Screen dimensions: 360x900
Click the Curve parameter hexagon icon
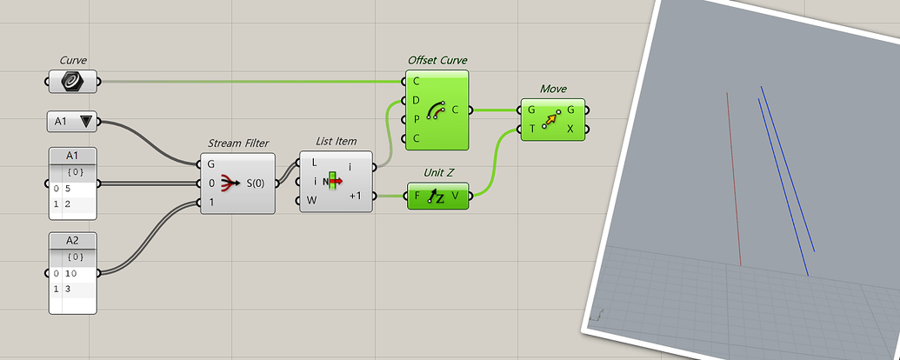coord(73,82)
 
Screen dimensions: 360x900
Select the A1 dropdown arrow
coord(85,122)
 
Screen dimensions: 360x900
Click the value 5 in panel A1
coord(67,188)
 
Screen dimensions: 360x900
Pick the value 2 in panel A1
coord(67,203)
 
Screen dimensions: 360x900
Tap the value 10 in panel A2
coord(70,273)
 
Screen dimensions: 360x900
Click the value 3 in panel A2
coord(67,288)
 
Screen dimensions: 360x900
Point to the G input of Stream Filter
coord(211,163)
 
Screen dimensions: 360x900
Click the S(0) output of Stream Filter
coord(258,183)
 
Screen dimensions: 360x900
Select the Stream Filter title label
coord(238,143)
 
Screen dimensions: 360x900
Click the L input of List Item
coord(314,162)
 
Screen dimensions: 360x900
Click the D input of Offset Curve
coord(417,100)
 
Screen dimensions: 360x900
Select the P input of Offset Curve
coord(417,119)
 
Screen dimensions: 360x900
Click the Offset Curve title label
coord(437,61)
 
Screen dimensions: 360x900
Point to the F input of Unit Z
coord(417,197)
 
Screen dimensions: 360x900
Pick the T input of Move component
coord(531,130)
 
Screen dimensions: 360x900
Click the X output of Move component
coord(570,130)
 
